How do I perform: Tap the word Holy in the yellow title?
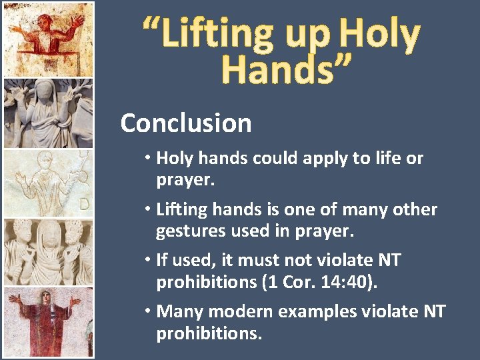click(x=379, y=34)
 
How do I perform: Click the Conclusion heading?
click(x=186, y=123)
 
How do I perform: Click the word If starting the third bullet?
click(x=162, y=260)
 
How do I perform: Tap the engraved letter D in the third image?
click(x=85, y=203)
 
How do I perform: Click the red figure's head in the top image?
click(x=47, y=15)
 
